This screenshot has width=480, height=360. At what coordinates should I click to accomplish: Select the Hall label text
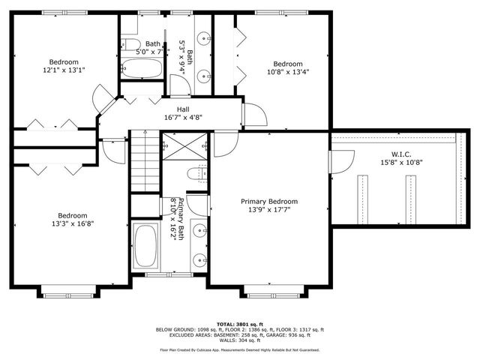point(182,109)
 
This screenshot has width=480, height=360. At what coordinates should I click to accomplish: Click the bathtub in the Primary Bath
point(145,246)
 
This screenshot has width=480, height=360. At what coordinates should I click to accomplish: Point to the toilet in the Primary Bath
point(196,174)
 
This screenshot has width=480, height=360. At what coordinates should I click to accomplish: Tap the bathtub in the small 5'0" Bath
point(141,71)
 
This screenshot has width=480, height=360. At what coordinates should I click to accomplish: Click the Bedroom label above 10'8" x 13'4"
point(287,64)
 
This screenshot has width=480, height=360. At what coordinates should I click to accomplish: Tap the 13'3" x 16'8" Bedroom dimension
point(73,223)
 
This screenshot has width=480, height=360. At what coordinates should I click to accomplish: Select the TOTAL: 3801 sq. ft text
point(239,323)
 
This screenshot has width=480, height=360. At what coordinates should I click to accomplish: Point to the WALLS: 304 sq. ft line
point(239,341)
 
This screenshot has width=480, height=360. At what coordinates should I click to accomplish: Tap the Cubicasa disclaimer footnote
point(239,350)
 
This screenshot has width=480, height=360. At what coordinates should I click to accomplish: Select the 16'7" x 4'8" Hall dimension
point(182,117)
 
